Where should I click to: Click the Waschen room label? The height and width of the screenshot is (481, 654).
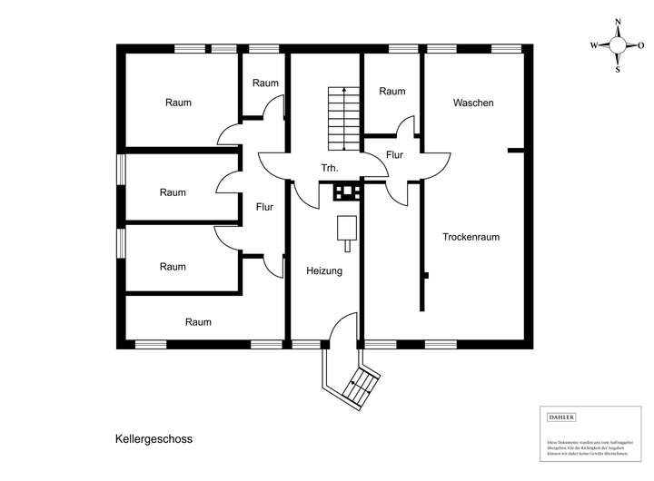473,103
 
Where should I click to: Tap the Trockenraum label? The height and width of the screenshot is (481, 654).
471,237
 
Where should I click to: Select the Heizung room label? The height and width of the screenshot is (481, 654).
324,270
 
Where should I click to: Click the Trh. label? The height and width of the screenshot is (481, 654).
330,169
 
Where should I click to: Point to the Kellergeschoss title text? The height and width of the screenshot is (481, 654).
154,437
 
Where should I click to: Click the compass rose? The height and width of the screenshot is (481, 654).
618,44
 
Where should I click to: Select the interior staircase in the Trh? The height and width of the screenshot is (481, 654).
342,119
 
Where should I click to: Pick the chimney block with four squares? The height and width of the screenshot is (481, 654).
346,191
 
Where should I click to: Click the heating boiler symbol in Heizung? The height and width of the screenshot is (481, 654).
346,228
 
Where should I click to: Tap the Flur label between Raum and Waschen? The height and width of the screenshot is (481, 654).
394,154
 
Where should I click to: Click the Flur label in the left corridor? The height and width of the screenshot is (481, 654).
264,207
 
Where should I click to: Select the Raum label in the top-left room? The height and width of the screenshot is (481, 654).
178,103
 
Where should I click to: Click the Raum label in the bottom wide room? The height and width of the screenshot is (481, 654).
198,322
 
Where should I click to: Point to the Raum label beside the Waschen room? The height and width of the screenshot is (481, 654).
391,92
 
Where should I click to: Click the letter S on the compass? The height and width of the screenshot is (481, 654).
618,67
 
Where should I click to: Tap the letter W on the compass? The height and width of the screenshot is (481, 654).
594,44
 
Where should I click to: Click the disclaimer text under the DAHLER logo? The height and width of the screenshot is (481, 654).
581,443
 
